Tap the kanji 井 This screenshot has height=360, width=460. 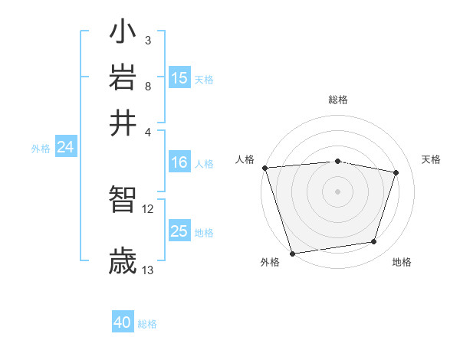[x=123, y=122]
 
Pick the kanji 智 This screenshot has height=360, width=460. [x=123, y=200]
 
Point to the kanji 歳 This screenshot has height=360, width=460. [x=123, y=260]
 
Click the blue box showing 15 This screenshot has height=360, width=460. [x=179, y=78]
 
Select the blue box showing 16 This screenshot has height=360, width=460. [x=179, y=162]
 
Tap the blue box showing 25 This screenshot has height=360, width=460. [x=179, y=231]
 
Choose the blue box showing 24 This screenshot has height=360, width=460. [x=65, y=148]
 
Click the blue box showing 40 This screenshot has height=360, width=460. [x=123, y=322]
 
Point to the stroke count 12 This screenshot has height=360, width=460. [x=148, y=208]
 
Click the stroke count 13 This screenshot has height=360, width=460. [x=148, y=270]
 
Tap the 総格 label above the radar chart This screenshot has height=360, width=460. [x=337, y=100]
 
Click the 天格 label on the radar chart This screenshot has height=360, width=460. [x=432, y=159]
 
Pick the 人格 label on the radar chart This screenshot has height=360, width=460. [x=245, y=159]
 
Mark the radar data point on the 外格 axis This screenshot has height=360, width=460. [x=292, y=253]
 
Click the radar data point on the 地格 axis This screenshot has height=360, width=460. [x=374, y=242]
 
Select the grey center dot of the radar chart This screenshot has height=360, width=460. [x=337, y=191]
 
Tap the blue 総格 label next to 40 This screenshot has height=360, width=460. [x=147, y=324]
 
